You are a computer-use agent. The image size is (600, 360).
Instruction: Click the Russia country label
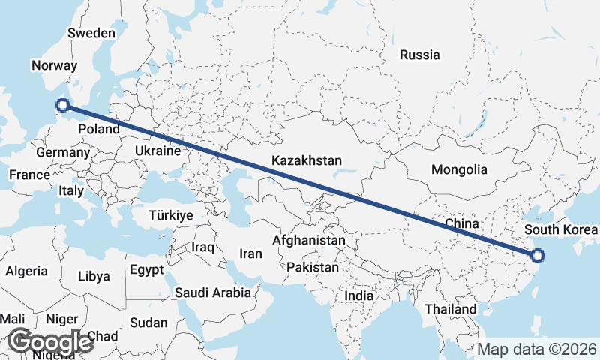tap(420, 55)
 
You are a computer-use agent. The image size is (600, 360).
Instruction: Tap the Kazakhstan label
tap(307, 160)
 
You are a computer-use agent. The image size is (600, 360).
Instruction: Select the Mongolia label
tap(459, 169)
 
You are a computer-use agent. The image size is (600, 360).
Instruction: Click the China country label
tap(461, 223)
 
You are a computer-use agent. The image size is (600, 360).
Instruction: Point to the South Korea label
tap(561, 229)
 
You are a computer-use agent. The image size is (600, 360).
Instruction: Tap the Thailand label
tap(450, 308)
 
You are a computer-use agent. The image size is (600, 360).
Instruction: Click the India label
tap(358, 295)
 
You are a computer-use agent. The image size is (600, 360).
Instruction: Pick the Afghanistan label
tap(309, 240)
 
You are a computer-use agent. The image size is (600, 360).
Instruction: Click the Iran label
tap(250, 253)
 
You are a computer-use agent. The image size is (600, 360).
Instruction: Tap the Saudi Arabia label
tap(213, 292)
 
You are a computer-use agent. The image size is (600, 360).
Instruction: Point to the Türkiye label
tap(171, 215)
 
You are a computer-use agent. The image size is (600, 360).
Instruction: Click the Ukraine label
tap(157, 151)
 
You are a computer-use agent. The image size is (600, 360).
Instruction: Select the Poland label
tap(99, 129)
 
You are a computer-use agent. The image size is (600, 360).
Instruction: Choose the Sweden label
tap(91, 33)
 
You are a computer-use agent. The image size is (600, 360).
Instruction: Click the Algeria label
tap(27, 271)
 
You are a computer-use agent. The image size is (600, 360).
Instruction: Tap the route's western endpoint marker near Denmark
tap(63, 106)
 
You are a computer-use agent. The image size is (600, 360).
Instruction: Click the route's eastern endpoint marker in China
tap(537, 256)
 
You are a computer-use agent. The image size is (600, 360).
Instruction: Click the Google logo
tap(49, 341)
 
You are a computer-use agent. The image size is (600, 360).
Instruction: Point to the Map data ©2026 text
tap(537, 349)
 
